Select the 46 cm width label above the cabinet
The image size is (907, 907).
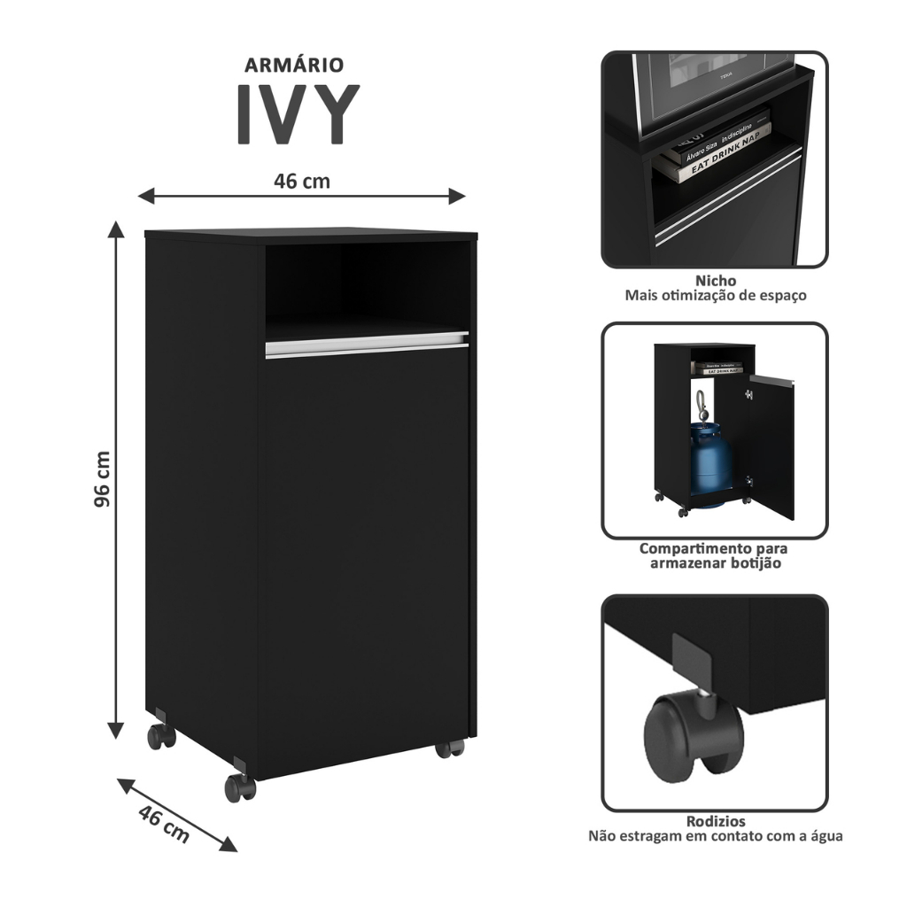[301, 182]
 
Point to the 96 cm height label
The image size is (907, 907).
[103, 479]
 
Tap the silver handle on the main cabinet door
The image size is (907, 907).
[367, 345]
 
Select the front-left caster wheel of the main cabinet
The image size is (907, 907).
[239, 787]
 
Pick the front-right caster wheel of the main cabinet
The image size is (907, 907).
[449, 748]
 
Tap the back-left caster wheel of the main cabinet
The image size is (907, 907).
[161, 735]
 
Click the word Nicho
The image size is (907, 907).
[716, 281]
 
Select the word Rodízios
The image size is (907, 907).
[716, 821]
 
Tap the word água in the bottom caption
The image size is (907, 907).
[823, 835]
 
